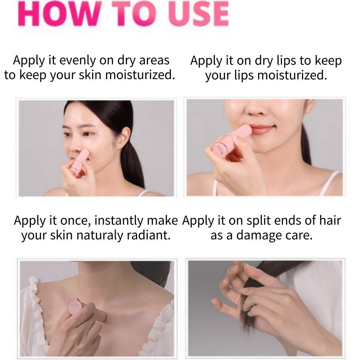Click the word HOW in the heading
(x=59, y=14)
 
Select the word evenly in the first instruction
(x=78, y=60)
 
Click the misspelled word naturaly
(x=99, y=236)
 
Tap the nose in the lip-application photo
(x=257, y=110)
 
